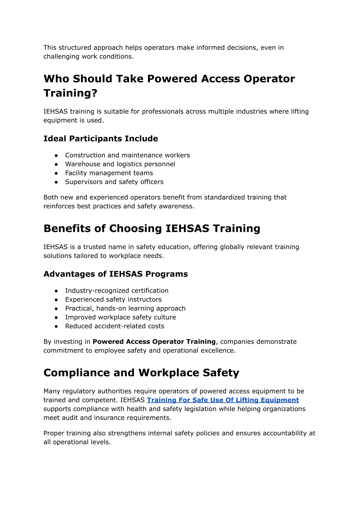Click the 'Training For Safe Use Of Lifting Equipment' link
223,400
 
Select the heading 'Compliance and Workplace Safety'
141,373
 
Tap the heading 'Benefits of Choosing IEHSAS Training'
152,229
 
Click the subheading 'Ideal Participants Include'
101,139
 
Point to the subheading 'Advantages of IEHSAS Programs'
116,274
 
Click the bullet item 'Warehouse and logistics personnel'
120,164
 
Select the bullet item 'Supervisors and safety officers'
114,182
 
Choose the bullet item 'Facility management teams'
109,173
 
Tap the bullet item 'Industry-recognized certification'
117,291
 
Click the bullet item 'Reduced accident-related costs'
115,326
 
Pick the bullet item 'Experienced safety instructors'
113,300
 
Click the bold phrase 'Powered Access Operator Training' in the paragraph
154,342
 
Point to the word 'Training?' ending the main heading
70,93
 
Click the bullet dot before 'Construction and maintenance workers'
56,155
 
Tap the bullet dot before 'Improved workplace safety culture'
56,317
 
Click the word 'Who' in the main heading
56,79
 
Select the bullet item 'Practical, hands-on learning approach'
125,308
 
